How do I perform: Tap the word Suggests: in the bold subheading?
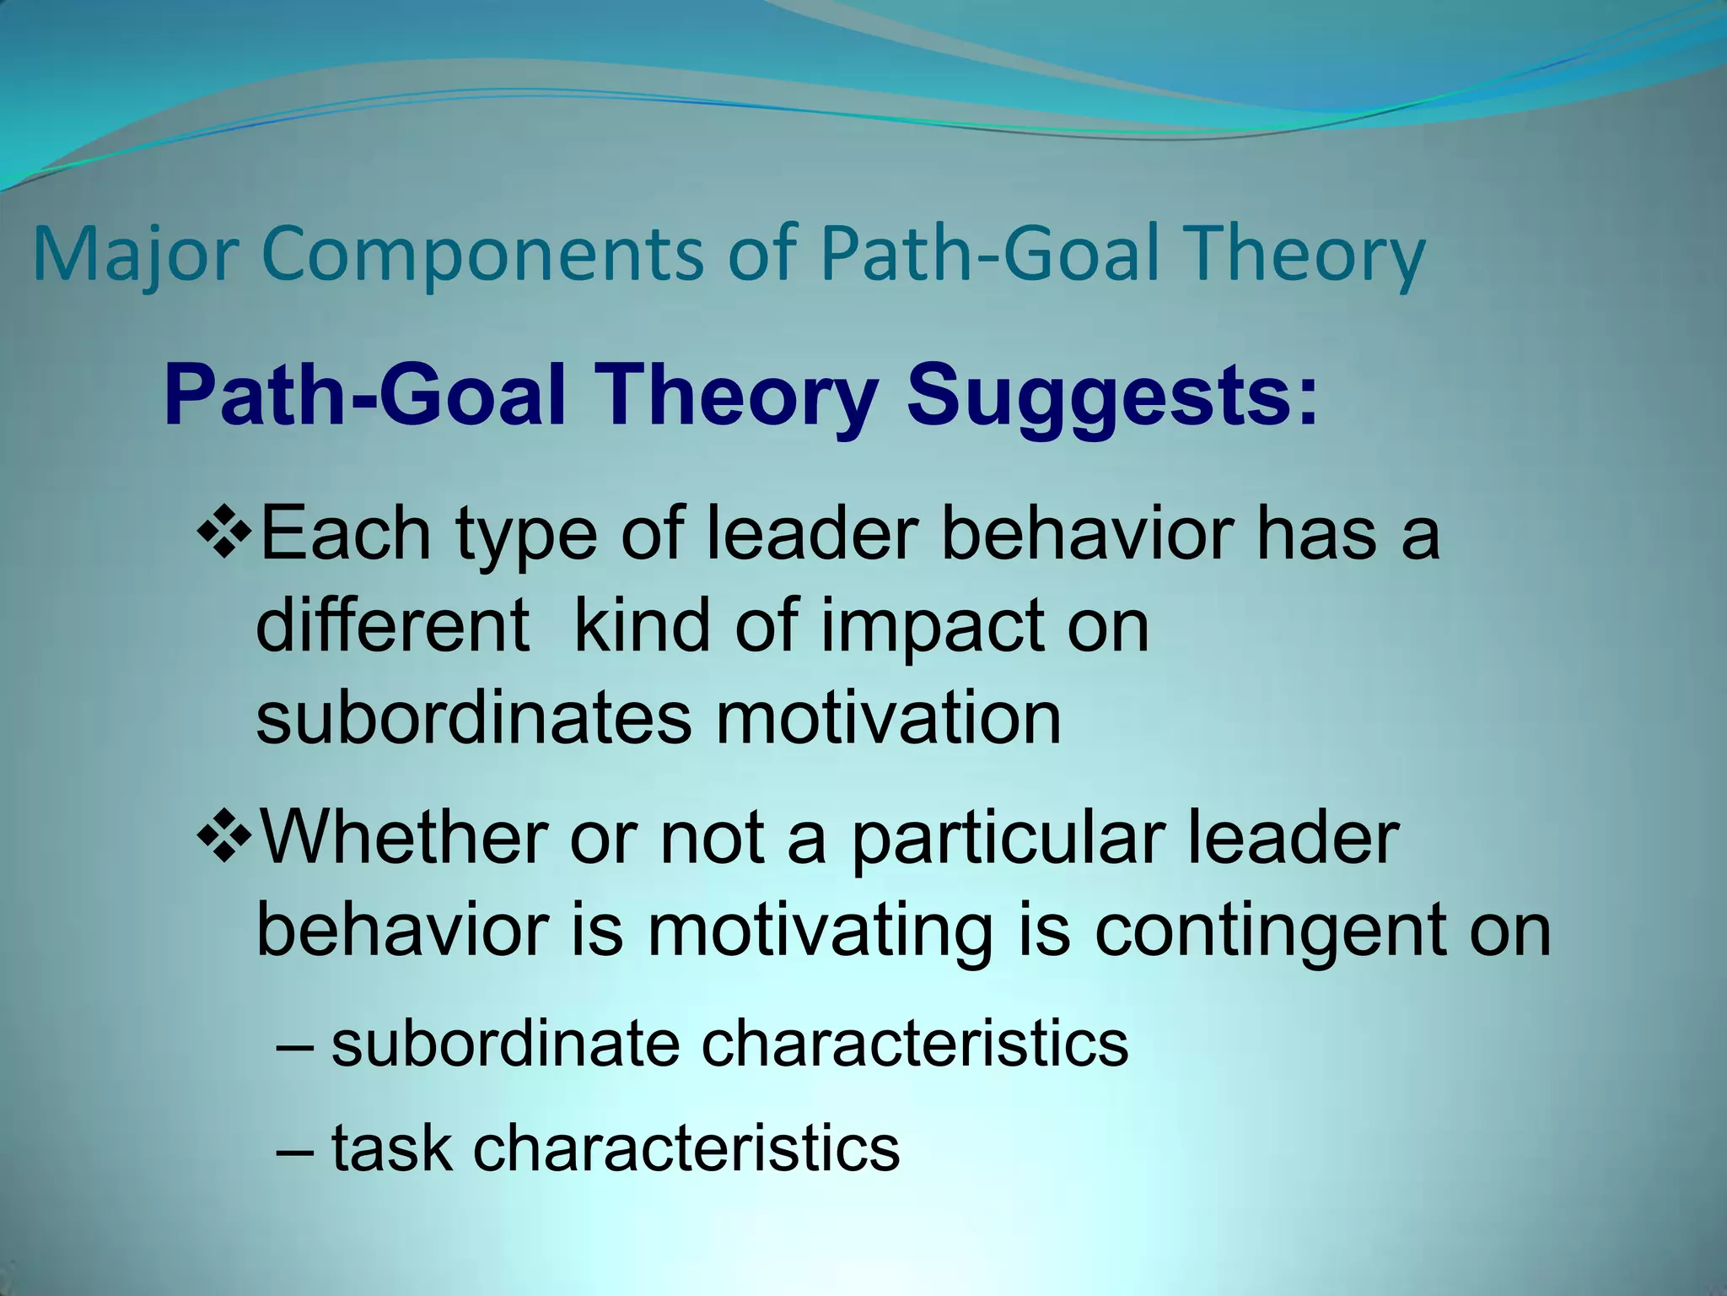(x=1111, y=397)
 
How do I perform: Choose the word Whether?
(x=406, y=837)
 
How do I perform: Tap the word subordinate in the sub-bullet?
(x=505, y=1045)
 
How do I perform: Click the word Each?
(x=346, y=533)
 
